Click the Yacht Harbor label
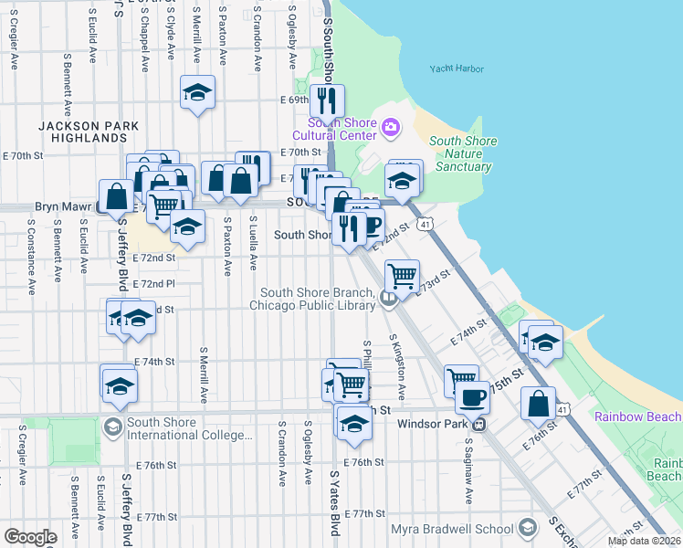tap(454, 68)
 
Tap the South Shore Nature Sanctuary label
tap(463, 153)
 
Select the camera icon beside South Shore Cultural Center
tap(392, 127)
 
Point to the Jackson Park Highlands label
tap(89, 132)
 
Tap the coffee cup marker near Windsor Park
tap(472, 397)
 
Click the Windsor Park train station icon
tap(477, 423)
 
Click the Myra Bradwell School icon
tap(527, 528)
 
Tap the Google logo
tap(30, 537)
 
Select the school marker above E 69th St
tap(197, 93)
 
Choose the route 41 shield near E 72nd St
tap(424, 224)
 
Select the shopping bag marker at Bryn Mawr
tap(118, 196)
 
